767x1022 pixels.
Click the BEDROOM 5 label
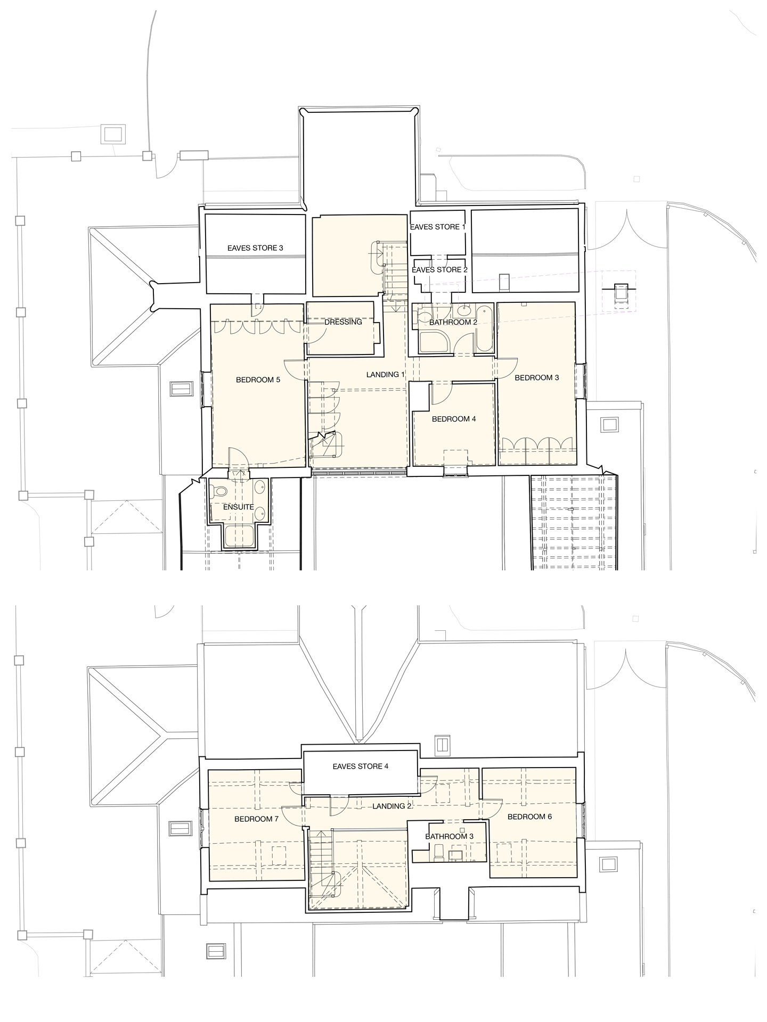pyautogui.click(x=258, y=380)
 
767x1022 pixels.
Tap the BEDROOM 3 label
pyautogui.click(x=536, y=377)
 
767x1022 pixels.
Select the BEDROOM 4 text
pyautogui.click(x=454, y=419)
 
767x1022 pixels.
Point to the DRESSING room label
pyautogui.click(x=343, y=322)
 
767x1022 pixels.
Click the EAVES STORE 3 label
pyautogui.click(x=255, y=248)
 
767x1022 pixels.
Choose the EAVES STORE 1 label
pyautogui.click(x=438, y=227)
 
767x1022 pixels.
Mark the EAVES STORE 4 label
pyautogui.click(x=361, y=767)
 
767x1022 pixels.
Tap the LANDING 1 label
pyautogui.click(x=386, y=375)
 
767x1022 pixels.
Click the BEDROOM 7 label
pyautogui.click(x=256, y=819)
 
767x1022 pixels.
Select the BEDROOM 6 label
pyautogui.click(x=529, y=817)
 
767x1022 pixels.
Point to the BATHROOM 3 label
pyautogui.click(x=449, y=837)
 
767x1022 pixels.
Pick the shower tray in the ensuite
pyautogui.click(x=239, y=537)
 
